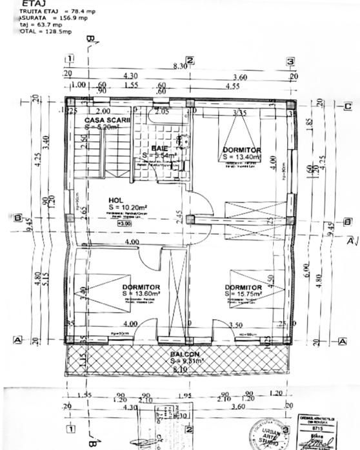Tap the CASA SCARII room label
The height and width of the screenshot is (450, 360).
click(106, 120)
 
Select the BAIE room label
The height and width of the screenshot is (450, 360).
click(159, 148)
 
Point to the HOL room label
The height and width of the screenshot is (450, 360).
click(115, 200)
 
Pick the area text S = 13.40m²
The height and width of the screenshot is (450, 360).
click(242, 156)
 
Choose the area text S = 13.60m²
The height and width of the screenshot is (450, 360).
click(141, 294)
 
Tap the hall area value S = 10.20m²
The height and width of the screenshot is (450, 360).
click(125, 208)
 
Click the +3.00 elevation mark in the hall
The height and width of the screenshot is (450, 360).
click(121, 224)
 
